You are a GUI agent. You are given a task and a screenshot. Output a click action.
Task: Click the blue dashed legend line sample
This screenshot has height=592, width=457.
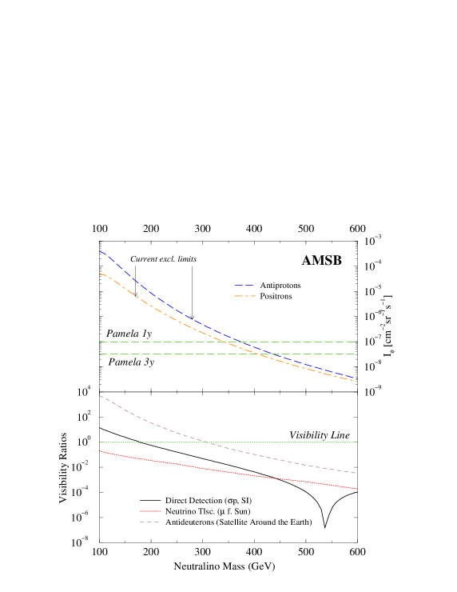pyautogui.click(x=244, y=285)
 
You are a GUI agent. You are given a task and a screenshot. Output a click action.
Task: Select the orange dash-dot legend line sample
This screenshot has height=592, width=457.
pyautogui.click(x=244, y=296)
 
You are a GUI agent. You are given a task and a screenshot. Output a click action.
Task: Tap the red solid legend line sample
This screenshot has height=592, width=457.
pyautogui.click(x=150, y=510)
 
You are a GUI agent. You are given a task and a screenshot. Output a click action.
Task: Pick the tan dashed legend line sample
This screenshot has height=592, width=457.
pyautogui.click(x=149, y=522)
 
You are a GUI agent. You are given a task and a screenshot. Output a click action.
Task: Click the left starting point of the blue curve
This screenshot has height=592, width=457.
pyautogui.click(x=100, y=251)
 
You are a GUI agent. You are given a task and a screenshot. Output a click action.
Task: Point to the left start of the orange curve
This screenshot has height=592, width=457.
pyautogui.click(x=100, y=274)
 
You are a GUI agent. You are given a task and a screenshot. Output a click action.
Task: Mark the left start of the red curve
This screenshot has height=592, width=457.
pyautogui.click(x=100, y=451)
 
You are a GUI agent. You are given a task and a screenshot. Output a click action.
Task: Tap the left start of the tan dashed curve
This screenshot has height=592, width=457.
pyautogui.click(x=100, y=395)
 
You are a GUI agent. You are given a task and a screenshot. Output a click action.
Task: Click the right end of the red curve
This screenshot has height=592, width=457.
pyautogui.click(x=356, y=488)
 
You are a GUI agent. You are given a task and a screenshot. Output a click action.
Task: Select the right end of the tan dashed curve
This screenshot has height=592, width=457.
pyautogui.click(x=356, y=473)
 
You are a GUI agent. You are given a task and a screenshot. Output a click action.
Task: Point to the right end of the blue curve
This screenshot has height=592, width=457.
pyautogui.click(x=356, y=378)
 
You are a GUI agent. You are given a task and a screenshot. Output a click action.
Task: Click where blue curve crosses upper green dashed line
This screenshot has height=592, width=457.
pyautogui.click(x=240, y=342)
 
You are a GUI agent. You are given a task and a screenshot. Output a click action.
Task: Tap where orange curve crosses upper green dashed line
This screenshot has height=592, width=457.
pyautogui.click(x=227, y=342)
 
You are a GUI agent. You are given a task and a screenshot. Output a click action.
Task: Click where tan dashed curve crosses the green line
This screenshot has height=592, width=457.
pyautogui.click(x=206, y=442)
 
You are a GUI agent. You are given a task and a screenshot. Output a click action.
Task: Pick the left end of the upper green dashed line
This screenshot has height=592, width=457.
pyautogui.click(x=100, y=342)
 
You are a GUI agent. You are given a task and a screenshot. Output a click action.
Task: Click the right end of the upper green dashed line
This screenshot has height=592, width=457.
pyautogui.click(x=356, y=342)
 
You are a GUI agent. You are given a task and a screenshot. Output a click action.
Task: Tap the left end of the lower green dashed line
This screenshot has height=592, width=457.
pyautogui.click(x=100, y=354)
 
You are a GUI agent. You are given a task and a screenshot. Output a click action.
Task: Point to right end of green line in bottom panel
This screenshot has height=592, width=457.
pyautogui.click(x=356, y=442)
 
